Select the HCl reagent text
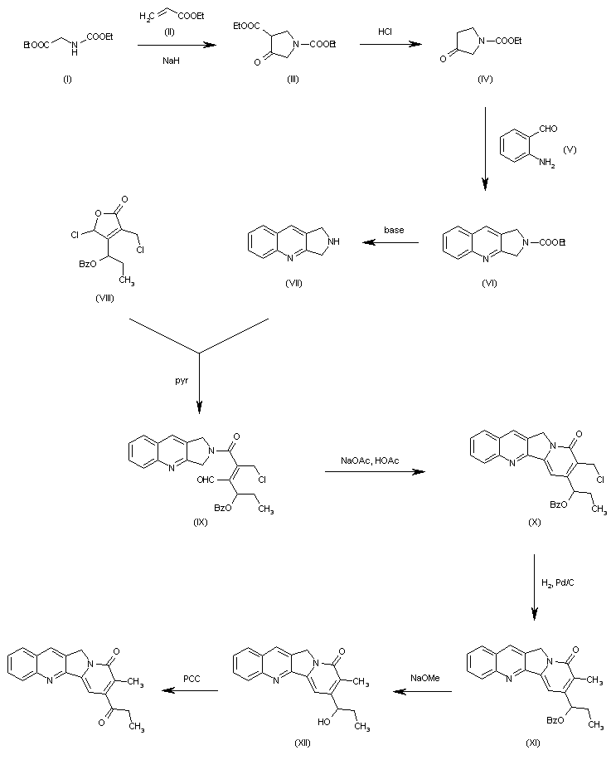(x=386, y=31)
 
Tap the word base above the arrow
(x=395, y=230)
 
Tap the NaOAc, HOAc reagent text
(x=369, y=460)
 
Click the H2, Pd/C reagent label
(x=558, y=584)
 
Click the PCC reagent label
(x=194, y=679)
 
